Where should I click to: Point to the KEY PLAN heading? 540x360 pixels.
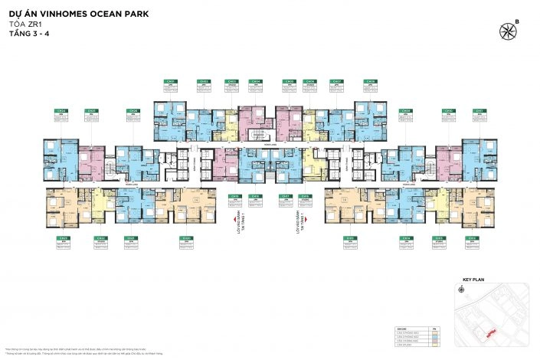pos(475,280)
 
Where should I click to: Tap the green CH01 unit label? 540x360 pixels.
pos(172,81)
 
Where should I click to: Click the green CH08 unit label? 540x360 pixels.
pos(370,81)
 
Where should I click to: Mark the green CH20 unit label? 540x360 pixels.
pos(186,238)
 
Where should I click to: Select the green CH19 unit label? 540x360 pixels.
pos(234,197)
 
